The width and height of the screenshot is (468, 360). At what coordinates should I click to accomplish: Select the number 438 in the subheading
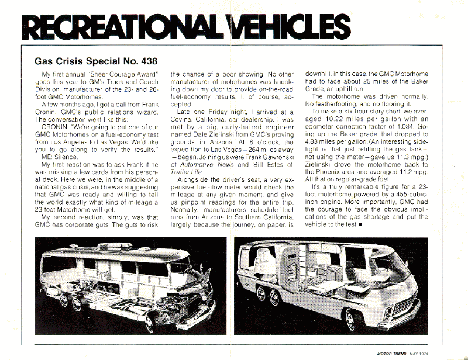coord(145,60)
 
